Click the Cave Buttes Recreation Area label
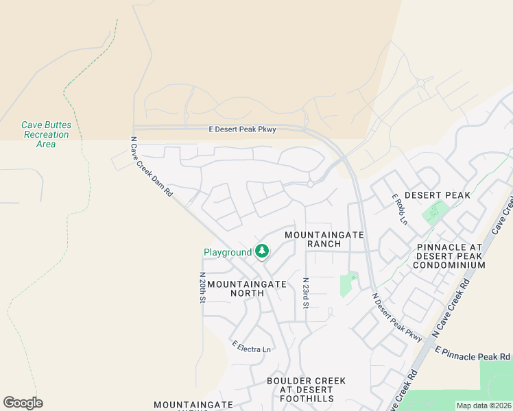(x=46, y=134)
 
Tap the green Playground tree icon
(x=261, y=252)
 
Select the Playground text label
(x=228, y=253)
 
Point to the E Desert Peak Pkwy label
(x=242, y=129)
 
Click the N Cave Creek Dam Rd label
(x=152, y=167)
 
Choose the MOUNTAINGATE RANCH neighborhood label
(x=324, y=239)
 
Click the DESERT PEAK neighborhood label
(x=438, y=195)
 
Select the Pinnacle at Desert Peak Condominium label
(x=450, y=256)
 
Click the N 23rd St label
(x=306, y=292)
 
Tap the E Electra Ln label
(x=252, y=347)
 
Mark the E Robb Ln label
(x=399, y=210)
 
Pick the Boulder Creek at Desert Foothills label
(x=307, y=390)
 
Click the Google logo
(x=23, y=403)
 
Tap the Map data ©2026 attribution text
(x=484, y=406)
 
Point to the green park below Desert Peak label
(x=433, y=214)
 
